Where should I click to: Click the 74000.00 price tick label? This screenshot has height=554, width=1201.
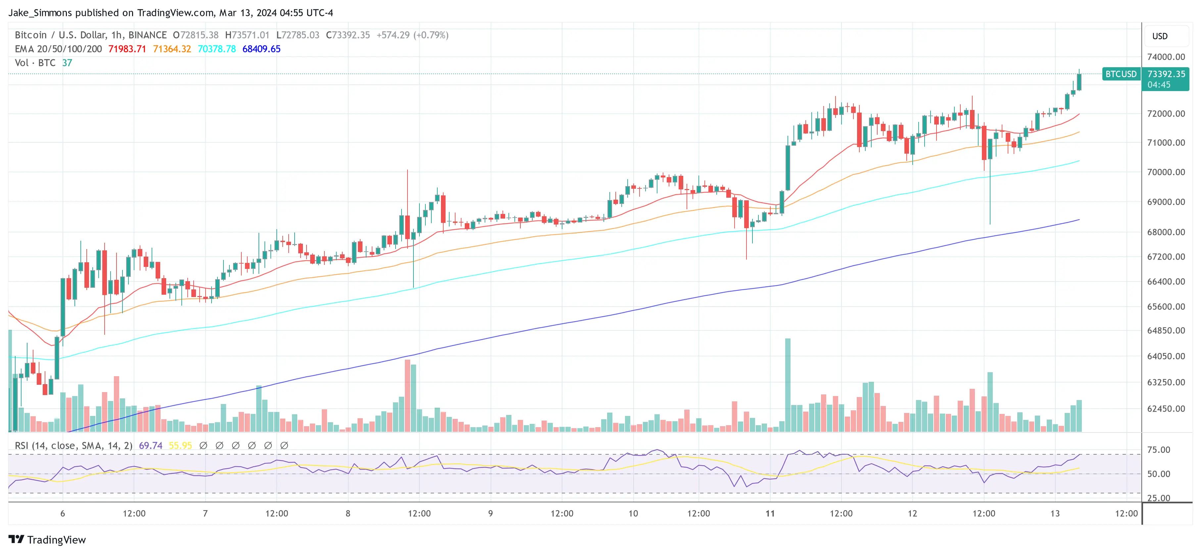(x=1166, y=57)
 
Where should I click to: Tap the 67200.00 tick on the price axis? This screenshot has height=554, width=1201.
(x=1166, y=257)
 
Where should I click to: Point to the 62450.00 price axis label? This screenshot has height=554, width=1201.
(x=1166, y=409)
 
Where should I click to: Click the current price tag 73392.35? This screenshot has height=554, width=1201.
(x=1166, y=74)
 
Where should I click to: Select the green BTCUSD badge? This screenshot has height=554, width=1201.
(x=1121, y=74)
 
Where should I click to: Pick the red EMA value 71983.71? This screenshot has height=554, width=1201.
(x=127, y=49)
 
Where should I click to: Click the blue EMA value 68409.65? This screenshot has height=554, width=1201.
(x=261, y=49)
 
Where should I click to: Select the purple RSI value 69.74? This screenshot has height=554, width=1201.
(x=151, y=446)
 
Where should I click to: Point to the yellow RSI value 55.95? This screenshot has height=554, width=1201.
(x=180, y=446)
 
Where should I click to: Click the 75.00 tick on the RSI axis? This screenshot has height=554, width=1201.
(x=1159, y=450)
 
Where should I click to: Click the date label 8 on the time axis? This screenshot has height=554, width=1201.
(x=348, y=513)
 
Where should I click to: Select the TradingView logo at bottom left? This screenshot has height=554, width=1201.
(x=47, y=539)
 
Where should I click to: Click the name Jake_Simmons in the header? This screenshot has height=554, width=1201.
(x=40, y=13)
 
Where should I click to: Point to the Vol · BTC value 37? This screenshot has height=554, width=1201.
(x=67, y=63)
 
